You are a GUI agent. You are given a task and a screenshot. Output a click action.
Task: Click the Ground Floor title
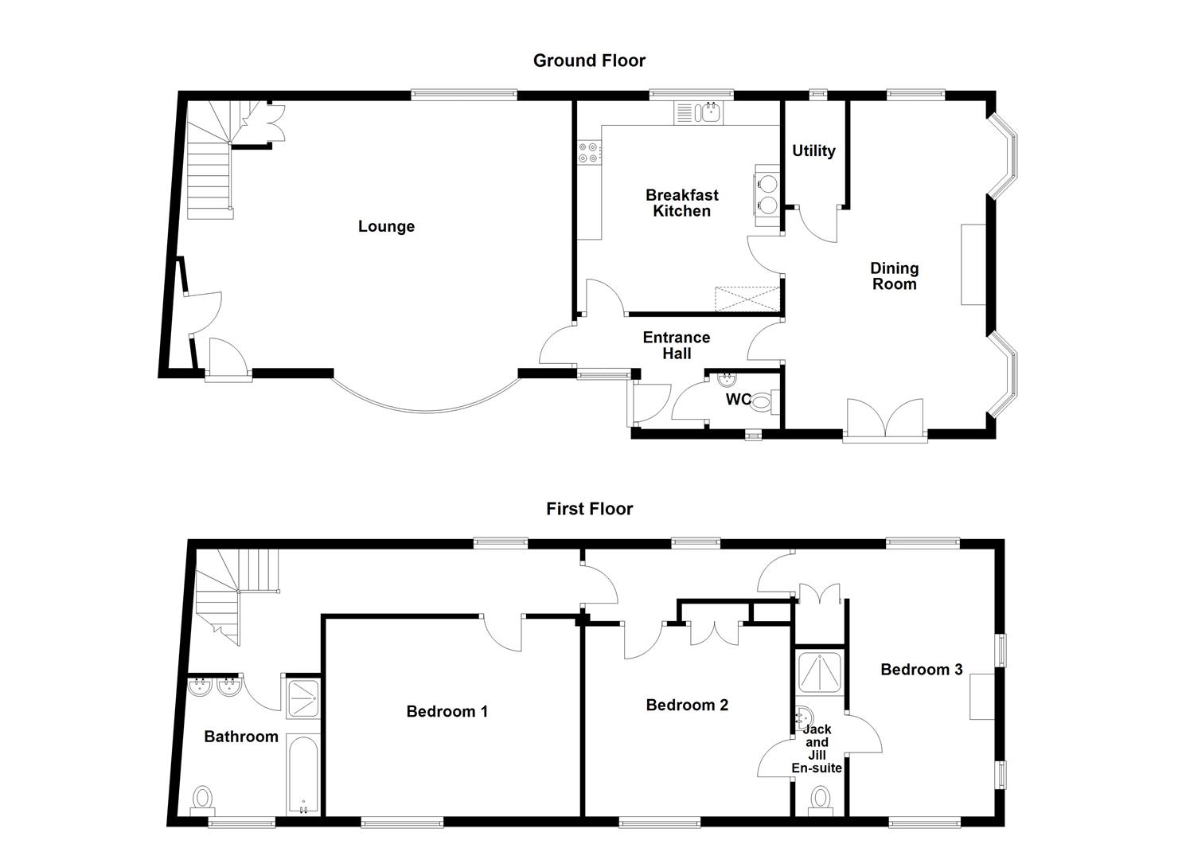point(589,61)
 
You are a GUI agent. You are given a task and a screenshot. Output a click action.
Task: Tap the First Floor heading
point(589,509)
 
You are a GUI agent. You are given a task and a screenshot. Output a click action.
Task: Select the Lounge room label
point(386,227)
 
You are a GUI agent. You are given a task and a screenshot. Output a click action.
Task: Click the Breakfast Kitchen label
point(681,203)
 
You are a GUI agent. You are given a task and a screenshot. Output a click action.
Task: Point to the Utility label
point(813,151)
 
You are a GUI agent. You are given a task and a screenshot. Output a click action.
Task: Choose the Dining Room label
point(894,276)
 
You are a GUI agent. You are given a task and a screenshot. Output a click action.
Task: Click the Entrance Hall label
point(677,346)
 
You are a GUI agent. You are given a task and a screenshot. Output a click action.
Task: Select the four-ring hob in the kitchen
point(589,152)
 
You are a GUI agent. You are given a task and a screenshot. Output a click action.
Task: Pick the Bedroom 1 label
point(447,711)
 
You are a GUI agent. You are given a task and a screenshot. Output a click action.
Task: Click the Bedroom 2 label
point(687,705)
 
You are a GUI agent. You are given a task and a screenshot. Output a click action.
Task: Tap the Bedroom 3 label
point(921,670)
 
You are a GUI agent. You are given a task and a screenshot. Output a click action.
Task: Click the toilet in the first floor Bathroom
point(204,799)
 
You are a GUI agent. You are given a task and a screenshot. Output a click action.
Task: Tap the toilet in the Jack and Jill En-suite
point(820,799)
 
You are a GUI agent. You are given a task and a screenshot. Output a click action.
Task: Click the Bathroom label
point(241,737)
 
